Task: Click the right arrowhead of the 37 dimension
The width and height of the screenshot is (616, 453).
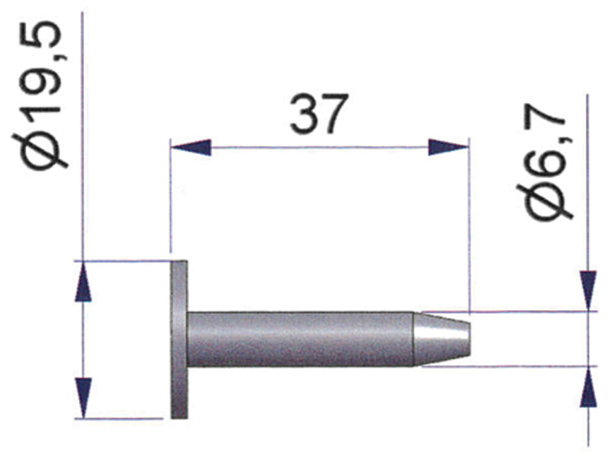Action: point(448,147)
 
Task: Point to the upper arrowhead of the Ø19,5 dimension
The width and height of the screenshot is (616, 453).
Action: point(85,283)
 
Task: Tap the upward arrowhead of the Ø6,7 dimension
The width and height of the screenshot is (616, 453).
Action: point(588,387)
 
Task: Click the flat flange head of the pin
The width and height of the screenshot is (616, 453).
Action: point(179,339)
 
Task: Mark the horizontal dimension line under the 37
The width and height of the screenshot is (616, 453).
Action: point(319,147)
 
